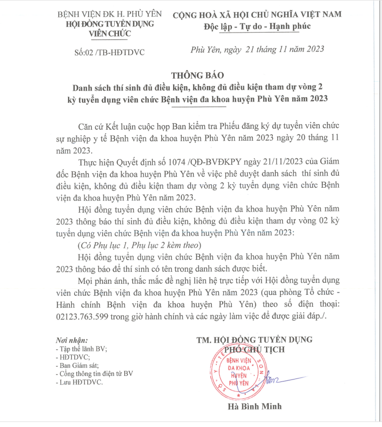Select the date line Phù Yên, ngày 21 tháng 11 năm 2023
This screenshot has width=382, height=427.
coord(257,49)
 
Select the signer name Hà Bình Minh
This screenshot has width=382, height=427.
coord(254,406)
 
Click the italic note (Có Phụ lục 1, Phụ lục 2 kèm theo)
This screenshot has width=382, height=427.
coord(139,245)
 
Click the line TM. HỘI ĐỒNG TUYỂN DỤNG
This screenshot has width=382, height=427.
coord(254,339)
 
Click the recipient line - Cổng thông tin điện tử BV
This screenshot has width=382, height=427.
coord(95,374)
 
